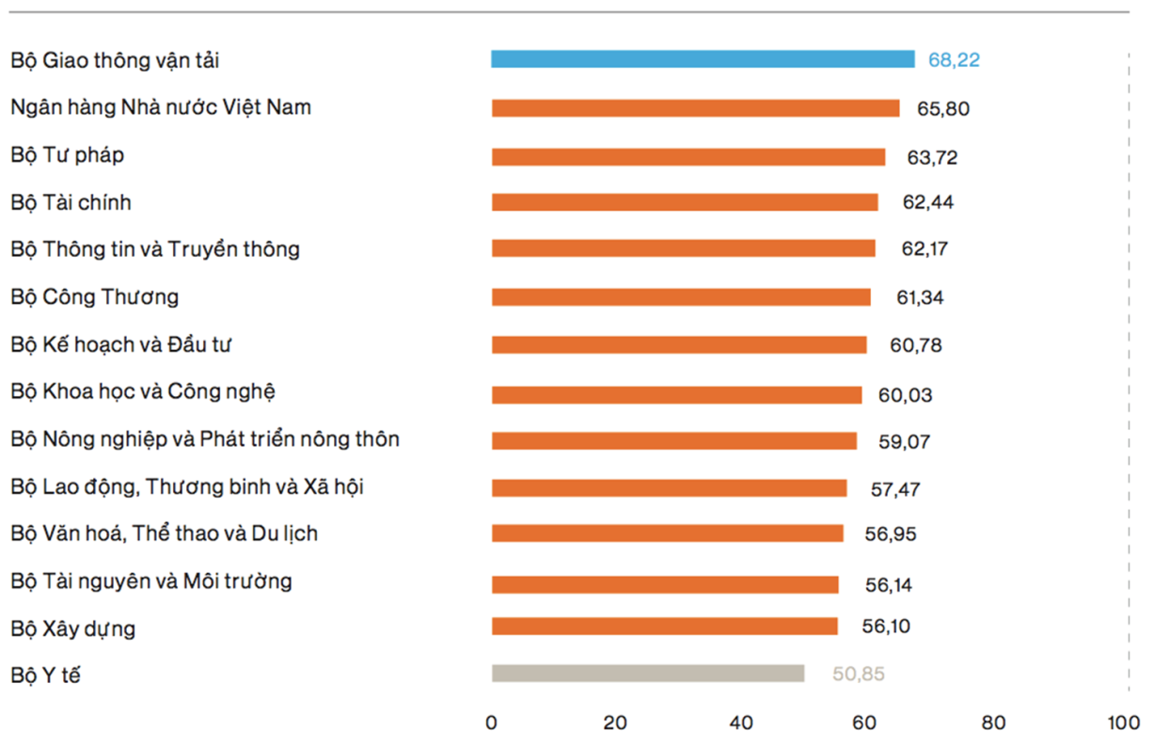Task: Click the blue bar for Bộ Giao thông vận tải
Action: [703, 59]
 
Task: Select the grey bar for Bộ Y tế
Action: [648, 674]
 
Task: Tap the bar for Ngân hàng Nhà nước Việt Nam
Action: [695, 108]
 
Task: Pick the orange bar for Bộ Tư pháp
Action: [688, 157]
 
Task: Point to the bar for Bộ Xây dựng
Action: [664, 627]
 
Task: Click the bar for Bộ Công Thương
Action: [681, 297]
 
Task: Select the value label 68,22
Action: [954, 60]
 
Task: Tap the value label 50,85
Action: [859, 674]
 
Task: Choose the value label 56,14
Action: [889, 585]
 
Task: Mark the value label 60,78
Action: [916, 345]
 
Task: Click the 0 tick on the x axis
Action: [491, 723]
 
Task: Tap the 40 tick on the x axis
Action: [741, 723]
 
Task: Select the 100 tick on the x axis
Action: [1122, 723]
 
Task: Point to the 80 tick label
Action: [993, 723]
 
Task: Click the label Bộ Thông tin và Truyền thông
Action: [155, 249]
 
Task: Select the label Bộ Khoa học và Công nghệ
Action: [143, 391]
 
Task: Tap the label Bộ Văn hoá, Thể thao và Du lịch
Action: [165, 533]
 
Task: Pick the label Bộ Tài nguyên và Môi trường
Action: [151, 581]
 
